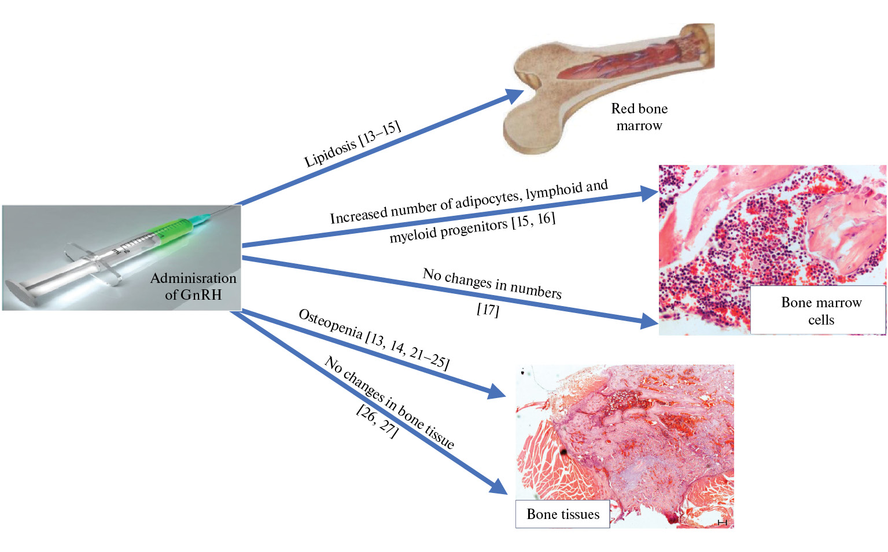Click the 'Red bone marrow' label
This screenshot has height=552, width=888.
639,117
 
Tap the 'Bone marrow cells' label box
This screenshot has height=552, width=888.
820,311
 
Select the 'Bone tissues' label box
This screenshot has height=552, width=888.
562,514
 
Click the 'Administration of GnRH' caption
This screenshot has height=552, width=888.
193,286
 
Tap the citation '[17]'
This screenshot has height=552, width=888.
488,310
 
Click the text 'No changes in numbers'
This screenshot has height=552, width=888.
492,283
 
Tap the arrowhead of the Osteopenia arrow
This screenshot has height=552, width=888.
496,392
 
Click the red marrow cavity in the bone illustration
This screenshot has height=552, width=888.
625,64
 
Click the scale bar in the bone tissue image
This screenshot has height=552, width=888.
722,522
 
